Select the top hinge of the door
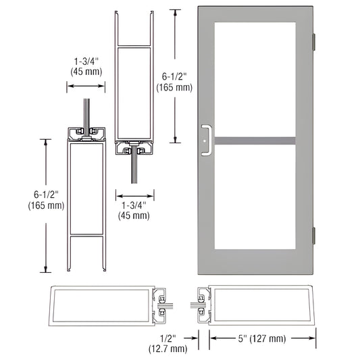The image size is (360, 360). coord(313,41)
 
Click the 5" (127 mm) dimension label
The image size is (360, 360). coord(247,338)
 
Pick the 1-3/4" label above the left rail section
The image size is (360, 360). coord(86,63)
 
